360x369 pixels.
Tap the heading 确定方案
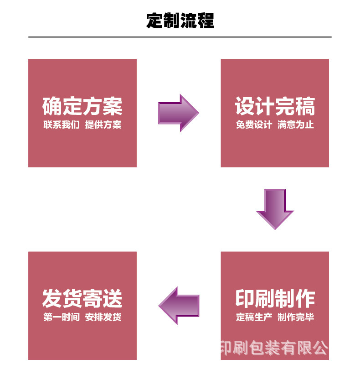[82, 106]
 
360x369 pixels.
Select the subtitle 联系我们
[62, 125]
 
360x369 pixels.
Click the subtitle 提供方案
[103, 125]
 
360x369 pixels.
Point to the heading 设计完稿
[275, 106]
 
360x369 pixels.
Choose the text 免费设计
[254, 125]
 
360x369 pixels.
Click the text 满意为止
[296, 125]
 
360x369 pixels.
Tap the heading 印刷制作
[275, 299]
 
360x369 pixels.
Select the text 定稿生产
[254, 317]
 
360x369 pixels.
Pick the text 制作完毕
[296, 317]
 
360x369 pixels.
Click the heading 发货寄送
[82, 299]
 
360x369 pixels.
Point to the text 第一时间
[62, 317]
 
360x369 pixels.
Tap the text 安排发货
[103, 317]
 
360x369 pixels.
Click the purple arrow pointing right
[178, 113]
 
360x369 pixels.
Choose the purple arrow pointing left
[179, 305]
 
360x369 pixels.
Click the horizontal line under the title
[180, 36]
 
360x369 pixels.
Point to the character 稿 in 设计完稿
[305, 106]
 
